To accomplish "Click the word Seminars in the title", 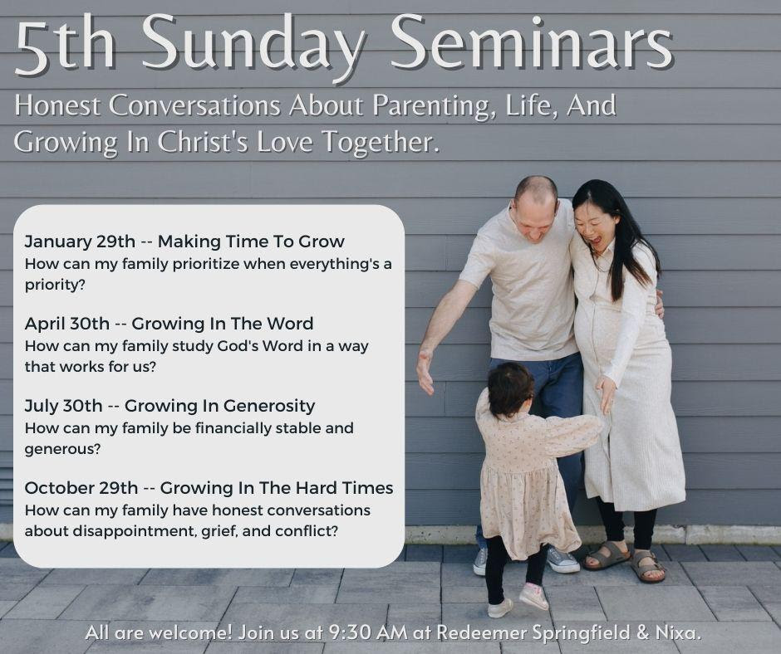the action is pyautogui.click(x=531, y=43).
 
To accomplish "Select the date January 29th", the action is pyautogui.click(x=80, y=242).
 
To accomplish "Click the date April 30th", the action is pyautogui.click(x=66, y=324).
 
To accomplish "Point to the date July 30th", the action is pyautogui.click(x=63, y=406).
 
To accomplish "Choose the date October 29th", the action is pyautogui.click(x=81, y=488).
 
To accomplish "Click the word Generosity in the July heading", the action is pyautogui.click(x=269, y=407).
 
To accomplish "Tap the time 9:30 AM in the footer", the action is pyautogui.click(x=368, y=632).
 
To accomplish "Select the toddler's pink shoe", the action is pyautogui.click(x=533, y=596).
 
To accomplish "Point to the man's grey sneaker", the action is pyautogui.click(x=562, y=559).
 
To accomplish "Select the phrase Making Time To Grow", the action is pyautogui.click(x=251, y=242).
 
